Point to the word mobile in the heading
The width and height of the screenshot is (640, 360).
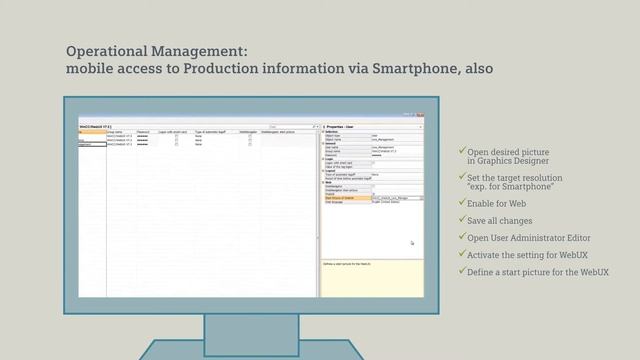coord(91,69)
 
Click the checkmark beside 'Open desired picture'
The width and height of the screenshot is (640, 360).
coord(462,151)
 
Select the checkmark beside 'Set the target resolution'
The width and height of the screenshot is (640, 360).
coord(462,177)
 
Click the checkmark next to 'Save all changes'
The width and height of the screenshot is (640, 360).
coord(462,220)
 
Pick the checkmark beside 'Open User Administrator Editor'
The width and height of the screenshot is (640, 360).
coord(462,237)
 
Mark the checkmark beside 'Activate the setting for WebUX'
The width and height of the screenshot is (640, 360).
coord(462,254)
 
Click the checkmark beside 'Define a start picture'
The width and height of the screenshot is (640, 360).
coord(462,271)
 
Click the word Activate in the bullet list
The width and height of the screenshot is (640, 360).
coord(487,255)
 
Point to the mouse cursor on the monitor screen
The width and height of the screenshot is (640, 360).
coord(411,243)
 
